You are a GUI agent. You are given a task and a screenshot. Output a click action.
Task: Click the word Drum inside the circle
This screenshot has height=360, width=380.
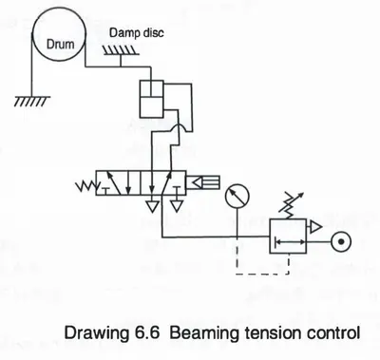click(60, 44)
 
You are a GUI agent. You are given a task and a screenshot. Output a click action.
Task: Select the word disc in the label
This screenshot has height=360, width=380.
click(154, 32)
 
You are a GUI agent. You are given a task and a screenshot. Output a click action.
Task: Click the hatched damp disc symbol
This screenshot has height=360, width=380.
click(121, 50)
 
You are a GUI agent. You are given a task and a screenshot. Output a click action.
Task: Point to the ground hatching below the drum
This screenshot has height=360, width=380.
click(31, 102)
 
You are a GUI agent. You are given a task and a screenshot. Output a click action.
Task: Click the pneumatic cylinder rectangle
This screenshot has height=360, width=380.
click(151, 99)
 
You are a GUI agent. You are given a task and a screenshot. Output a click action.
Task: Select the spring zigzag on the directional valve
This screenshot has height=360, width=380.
click(85, 186)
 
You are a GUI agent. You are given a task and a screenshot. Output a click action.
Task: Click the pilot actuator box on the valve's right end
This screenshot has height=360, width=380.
click(202, 182)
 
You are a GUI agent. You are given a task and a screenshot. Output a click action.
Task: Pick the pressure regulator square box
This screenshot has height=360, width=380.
click(288, 236)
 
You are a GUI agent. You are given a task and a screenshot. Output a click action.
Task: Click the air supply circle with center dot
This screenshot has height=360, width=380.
click(341, 242)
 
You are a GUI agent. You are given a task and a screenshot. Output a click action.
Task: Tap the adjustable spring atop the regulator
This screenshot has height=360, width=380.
click(291, 205)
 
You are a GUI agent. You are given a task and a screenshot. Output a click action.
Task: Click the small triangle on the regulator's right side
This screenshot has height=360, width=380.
click(314, 227)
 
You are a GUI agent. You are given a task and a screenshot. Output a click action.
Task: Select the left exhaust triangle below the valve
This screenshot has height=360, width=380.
click(152, 206)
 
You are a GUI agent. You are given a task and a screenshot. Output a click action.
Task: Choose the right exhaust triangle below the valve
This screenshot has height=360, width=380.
click(176, 206)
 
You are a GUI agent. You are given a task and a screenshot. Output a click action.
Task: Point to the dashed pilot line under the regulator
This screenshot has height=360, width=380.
click(262, 274)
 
